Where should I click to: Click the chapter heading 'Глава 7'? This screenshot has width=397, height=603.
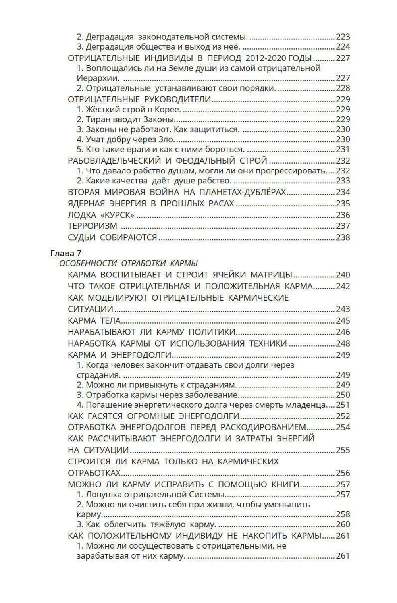point(66,253)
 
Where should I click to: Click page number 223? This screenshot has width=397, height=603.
point(343,37)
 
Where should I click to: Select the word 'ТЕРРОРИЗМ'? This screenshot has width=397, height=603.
point(93,226)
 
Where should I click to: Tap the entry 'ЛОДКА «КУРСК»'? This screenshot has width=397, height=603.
point(101,215)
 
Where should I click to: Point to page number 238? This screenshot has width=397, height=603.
point(343,237)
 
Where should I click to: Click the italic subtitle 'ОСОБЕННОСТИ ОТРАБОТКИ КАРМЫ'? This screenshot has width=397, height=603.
point(128,263)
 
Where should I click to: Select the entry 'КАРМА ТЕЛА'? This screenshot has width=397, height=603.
point(94,320)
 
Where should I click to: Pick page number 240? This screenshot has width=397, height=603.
point(343,275)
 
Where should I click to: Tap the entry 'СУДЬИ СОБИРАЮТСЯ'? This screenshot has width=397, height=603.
point(112,237)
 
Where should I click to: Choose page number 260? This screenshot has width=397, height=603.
point(343,524)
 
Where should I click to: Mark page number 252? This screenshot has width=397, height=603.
point(343,416)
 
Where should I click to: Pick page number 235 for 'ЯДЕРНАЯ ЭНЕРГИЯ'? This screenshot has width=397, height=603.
point(343,204)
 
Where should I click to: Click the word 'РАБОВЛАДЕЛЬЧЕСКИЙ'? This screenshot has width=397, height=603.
point(114,161)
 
